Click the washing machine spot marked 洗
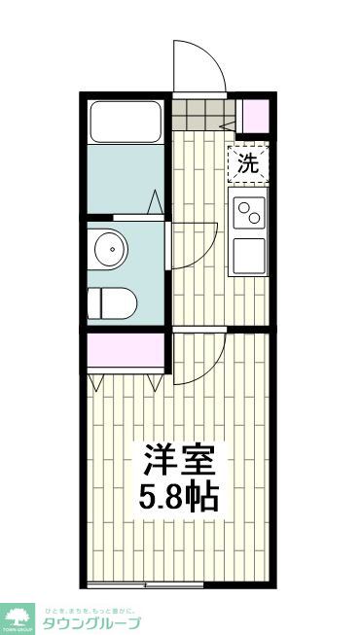[x=248, y=163]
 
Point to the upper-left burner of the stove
[x=241, y=207]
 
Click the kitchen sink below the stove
[x=248, y=257]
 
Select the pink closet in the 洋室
[x=125, y=351]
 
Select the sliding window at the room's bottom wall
[x=146, y=584]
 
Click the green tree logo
[x=18, y=617]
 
